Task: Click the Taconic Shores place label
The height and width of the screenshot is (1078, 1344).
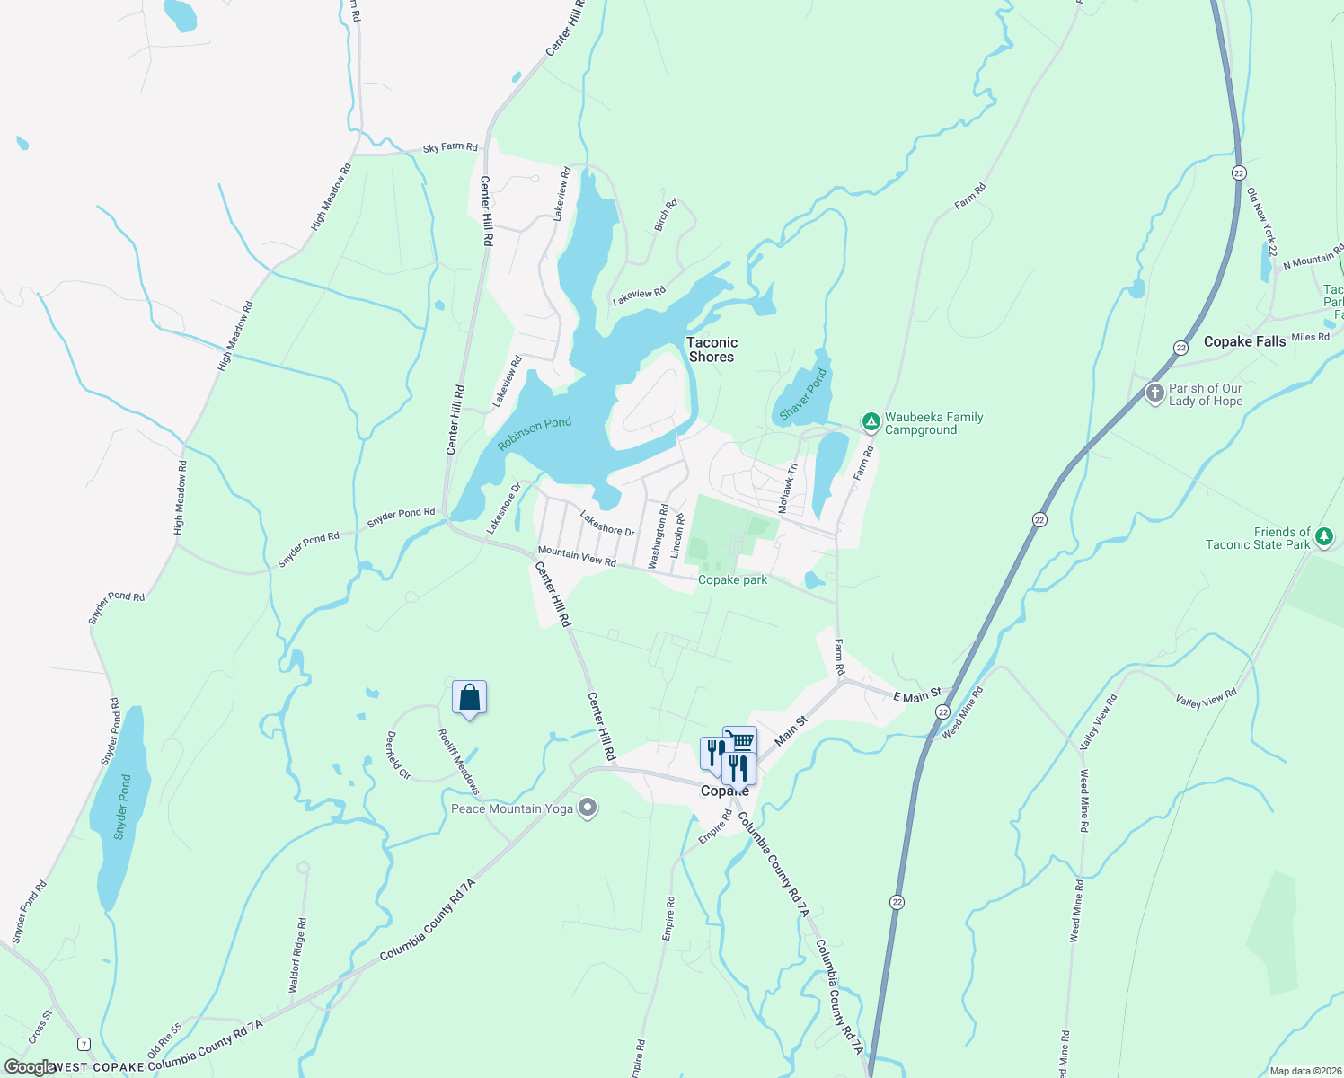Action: (712, 349)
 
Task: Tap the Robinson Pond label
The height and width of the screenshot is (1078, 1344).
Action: (535, 434)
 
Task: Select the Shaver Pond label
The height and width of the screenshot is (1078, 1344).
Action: (802, 395)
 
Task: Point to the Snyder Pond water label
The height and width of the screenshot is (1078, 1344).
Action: (122, 807)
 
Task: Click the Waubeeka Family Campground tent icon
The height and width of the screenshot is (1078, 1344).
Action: (870, 421)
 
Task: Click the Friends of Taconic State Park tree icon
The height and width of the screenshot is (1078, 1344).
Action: (1323, 537)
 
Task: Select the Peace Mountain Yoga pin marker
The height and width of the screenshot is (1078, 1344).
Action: (588, 808)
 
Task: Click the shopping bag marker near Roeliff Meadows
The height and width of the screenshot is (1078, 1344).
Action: (469, 697)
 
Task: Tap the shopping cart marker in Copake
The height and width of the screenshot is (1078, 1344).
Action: (740, 739)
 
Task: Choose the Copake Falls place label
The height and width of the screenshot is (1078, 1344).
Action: (1244, 341)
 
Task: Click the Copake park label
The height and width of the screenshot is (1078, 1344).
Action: (733, 579)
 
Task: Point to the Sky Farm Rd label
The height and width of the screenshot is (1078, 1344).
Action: (450, 147)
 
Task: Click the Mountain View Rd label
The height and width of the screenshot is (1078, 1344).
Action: (577, 556)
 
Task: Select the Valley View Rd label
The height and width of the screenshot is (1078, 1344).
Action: (1206, 698)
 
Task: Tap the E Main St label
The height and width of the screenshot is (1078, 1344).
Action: (917, 694)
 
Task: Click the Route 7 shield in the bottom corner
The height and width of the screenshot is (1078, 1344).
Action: (84, 1044)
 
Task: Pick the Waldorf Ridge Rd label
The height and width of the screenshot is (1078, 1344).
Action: (297, 954)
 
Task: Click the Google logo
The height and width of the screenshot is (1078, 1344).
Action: (29, 1067)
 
